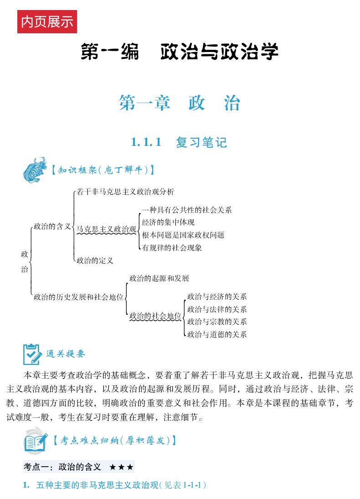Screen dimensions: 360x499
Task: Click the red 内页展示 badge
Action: click(47, 22)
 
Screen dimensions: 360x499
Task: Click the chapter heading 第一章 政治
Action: click(179, 104)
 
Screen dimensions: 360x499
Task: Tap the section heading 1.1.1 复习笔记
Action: click(179, 142)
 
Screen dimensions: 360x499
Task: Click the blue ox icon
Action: click(35, 169)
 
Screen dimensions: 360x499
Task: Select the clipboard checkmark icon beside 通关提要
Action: click(33, 354)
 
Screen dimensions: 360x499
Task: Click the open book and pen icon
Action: click(35, 440)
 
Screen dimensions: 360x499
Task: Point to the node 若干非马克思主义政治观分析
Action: click(125, 192)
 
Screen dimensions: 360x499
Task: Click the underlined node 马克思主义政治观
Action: click(107, 229)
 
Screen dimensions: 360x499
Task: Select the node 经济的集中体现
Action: click(168, 223)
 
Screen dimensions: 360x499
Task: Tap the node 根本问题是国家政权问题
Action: click(183, 235)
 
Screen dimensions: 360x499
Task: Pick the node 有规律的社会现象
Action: click(172, 248)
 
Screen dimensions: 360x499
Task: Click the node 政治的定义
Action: click(95, 261)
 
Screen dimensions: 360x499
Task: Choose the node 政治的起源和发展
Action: click(159, 278)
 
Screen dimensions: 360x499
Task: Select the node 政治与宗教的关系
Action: click(217, 322)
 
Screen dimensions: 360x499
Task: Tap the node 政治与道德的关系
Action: click(217, 334)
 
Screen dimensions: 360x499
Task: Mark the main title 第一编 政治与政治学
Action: click(180, 52)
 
